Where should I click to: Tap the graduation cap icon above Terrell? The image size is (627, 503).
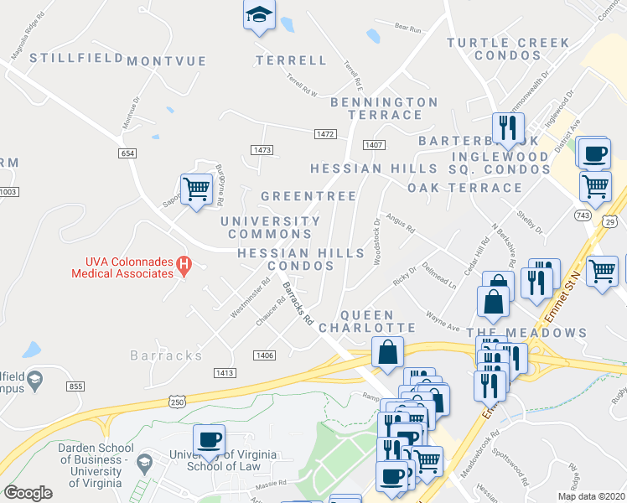[x=259, y=15]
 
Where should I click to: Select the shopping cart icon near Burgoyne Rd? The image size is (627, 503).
[x=196, y=189]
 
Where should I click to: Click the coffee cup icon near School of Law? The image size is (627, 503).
[x=209, y=439]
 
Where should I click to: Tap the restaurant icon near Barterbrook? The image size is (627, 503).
[x=505, y=127]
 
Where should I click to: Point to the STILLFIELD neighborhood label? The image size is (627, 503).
[x=65, y=58]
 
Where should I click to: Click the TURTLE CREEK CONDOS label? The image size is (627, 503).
[x=508, y=49]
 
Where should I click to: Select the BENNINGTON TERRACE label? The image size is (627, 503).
[x=385, y=108]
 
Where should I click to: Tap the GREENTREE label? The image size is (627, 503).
[x=308, y=195]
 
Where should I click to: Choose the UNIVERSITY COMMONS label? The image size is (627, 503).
[x=270, y=227]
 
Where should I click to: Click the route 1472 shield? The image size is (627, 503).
[x=325, y=134]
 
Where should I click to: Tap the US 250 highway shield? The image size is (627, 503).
[x=178, y=402]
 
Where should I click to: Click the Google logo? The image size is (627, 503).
[x=28, y=493]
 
